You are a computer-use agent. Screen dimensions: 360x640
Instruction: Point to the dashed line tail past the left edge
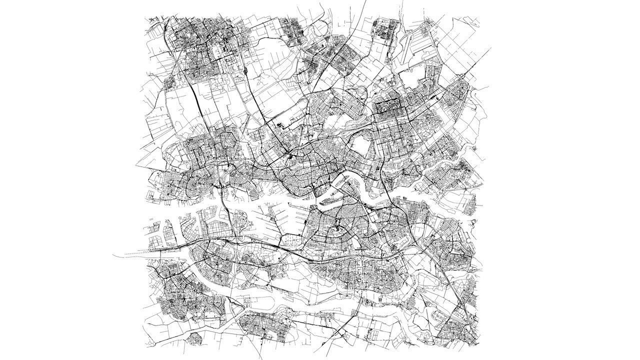118,255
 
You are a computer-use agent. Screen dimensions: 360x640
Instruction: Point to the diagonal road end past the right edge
489,49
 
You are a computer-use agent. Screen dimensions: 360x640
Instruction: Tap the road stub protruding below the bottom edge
260,356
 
